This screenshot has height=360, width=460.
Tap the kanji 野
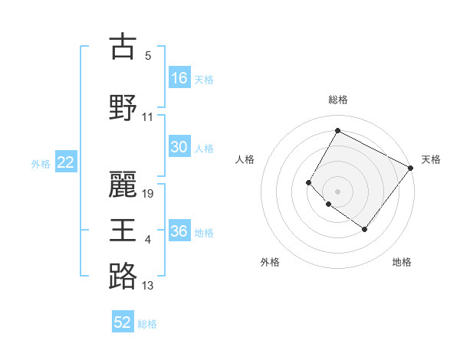(x=123, y=106)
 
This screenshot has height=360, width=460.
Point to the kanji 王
(x=123, y=229)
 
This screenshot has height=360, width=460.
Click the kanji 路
(x=123, y=276)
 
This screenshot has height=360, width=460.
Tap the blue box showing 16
(x=179, y=78)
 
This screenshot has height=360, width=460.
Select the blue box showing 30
(x=179, y=147)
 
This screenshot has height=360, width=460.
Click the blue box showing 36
(x=179, y=231)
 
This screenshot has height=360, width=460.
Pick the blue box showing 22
(x=66, y=162)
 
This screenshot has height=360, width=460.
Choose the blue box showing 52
(x=123, y=322)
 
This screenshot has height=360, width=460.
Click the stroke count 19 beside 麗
(x=149, y=193)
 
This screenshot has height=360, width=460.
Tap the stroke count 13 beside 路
(x=148, y=286)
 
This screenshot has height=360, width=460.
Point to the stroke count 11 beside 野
(x=148, y=117)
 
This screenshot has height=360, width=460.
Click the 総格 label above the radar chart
(x=337, y=100)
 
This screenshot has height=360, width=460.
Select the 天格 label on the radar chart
(x=431, y=159)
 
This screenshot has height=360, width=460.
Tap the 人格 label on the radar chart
(x=245, y=159)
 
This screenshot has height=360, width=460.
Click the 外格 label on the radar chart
(x=270, y=262)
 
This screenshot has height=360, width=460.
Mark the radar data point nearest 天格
(x=410, y=168)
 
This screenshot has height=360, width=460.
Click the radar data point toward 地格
(x=364, y=229)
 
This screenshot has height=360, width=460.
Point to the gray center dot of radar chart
(x=337, y=191)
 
